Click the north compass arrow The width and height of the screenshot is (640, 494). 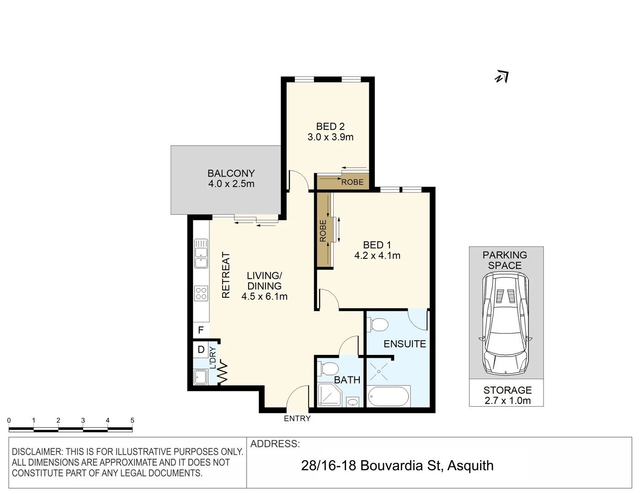(502, 77)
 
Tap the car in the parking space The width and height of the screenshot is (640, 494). (506, 324)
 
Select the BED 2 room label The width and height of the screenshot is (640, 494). (330, 126)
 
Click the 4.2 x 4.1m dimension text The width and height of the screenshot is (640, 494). (377, 255)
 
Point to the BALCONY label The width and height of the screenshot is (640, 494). (231, 173)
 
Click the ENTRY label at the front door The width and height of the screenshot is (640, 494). (297, 418)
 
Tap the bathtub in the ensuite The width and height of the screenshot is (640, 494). (389, 396)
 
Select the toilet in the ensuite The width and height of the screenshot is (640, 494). (378, 325)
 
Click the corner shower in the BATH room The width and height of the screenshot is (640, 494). (329, 394)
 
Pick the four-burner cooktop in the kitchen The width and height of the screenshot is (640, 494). (201, 293)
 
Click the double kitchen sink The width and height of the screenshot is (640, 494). (201, 253)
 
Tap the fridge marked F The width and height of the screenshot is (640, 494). (201, 330)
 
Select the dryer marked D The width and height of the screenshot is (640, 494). (201, 349)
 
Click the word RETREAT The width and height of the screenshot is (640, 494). (226, 275)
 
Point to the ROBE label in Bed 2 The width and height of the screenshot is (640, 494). (352, 183)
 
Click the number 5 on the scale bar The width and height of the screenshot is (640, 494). (132, 420)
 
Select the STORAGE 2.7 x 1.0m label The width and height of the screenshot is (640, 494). (507, 395)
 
